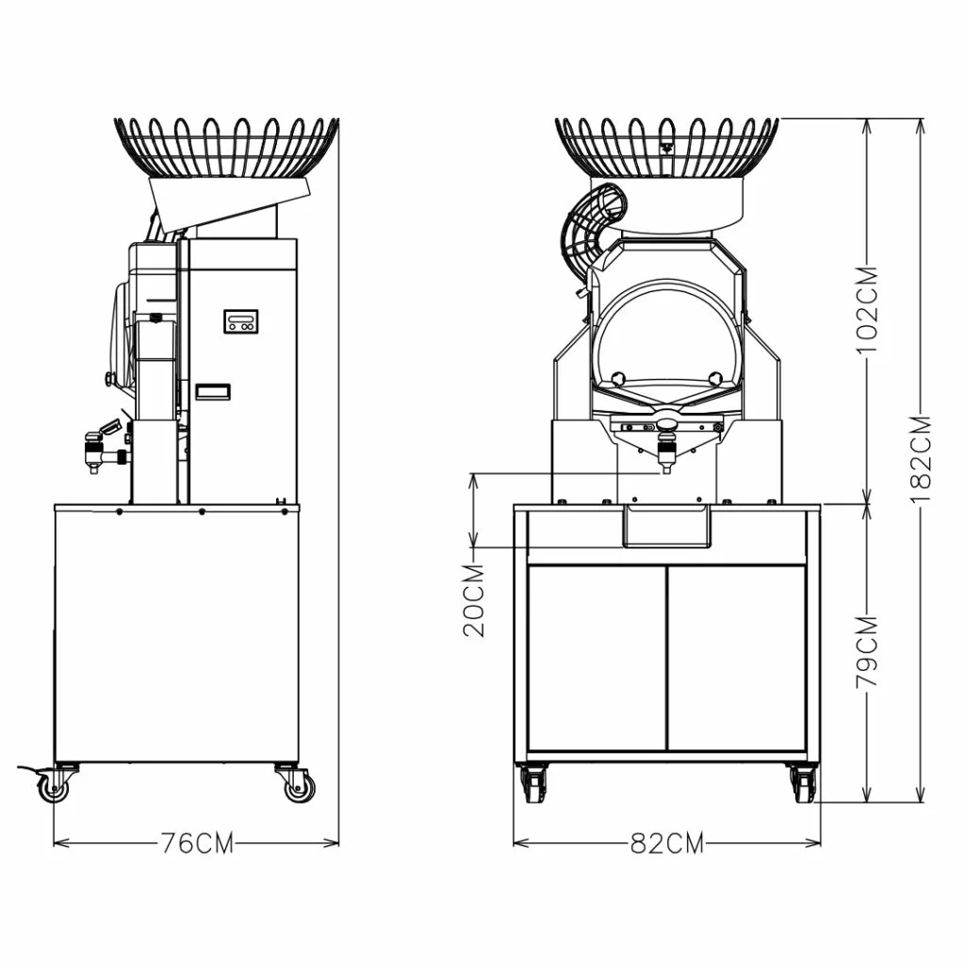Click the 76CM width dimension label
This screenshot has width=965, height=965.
click(x=195, y=842)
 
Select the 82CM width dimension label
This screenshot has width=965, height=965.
click(x=666, y=842)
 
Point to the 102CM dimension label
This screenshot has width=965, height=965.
click(x=869, y=309)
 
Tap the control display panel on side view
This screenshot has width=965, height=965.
click(x=241, y=321)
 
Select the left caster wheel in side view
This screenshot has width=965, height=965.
click(x=54, y=784)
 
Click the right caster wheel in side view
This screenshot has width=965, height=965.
click(x=298, y=784)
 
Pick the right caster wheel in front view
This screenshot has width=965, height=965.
click(x=802, y=784)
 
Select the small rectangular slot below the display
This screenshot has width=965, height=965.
click(x=213, y=391)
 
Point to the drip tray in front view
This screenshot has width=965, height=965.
click(x=666, y=526)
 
